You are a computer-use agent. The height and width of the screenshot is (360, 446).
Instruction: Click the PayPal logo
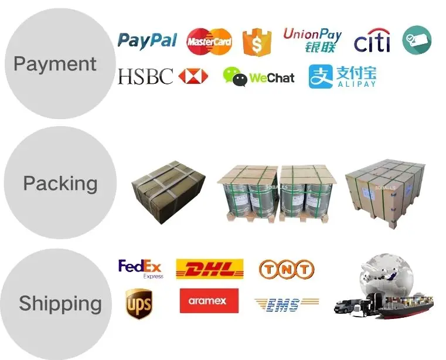pos(147,40)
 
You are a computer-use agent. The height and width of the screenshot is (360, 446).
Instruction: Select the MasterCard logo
pos(209,41)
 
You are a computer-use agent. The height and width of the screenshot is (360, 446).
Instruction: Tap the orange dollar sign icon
pos(254,42)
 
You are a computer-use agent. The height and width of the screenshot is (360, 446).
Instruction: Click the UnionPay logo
pos(312,40)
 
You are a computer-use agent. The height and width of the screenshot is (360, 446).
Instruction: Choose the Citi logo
pos(372,41)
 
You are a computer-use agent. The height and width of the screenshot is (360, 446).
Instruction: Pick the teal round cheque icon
pos(417,40)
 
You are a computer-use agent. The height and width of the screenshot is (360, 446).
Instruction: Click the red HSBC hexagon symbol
pos(193,76)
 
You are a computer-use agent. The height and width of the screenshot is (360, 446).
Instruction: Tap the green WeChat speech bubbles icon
pos(235,77)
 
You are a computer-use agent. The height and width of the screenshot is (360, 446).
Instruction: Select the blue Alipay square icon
pos(321,77)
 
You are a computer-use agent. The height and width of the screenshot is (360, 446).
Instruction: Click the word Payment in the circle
pos(55,64)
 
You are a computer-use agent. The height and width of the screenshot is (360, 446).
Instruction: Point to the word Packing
pos(60,184)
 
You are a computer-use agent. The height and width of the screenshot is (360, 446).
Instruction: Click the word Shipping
pos(60,304)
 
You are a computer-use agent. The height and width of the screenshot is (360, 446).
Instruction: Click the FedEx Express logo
pos(141,269)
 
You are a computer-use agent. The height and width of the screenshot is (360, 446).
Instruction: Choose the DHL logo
pos(210,269)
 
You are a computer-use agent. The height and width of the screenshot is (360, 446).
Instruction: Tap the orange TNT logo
pos(287,269)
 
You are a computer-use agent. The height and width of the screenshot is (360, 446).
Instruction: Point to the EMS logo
pos(286,304)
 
